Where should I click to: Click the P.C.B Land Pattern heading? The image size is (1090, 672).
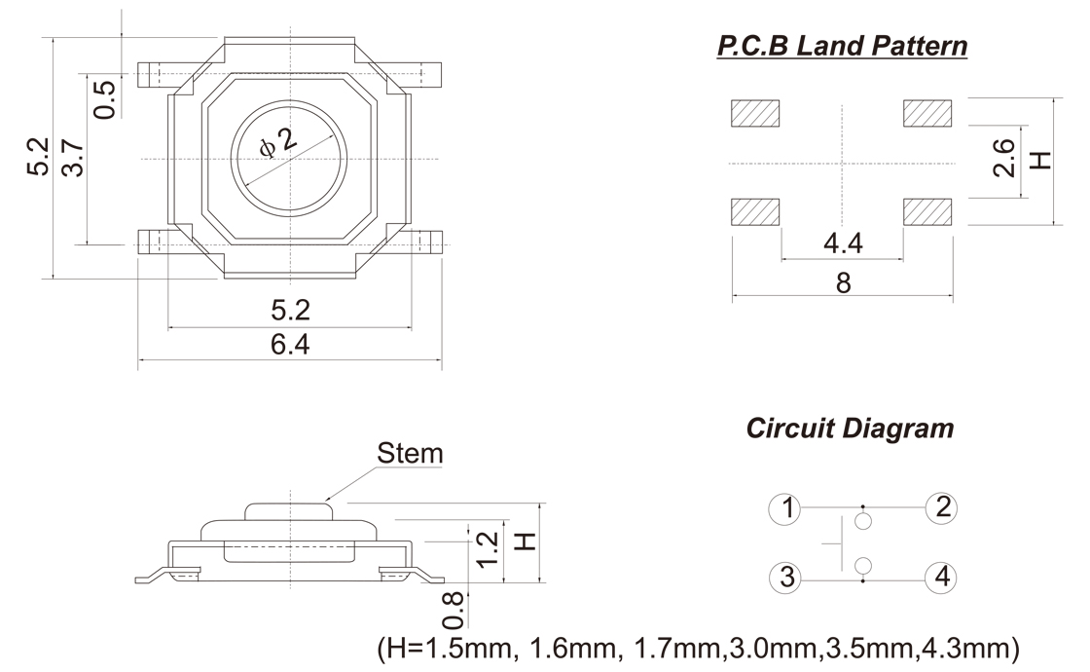(842, 46)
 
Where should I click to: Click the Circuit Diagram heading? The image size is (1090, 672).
(850, 428)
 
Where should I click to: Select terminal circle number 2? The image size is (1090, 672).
(941, 507)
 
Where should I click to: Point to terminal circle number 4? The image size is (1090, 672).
(941, 578)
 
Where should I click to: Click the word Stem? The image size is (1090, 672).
(410, 453)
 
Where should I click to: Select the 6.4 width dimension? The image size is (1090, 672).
(290, 345)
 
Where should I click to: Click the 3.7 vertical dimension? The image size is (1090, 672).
(72, 156)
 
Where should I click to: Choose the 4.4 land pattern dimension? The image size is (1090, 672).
(843, 243)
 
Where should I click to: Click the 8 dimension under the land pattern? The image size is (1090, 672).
(843, 282)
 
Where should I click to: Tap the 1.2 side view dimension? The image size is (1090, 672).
(490, 550)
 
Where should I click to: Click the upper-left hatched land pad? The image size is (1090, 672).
(756, 114)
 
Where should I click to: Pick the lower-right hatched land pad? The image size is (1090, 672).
(928, 211)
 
